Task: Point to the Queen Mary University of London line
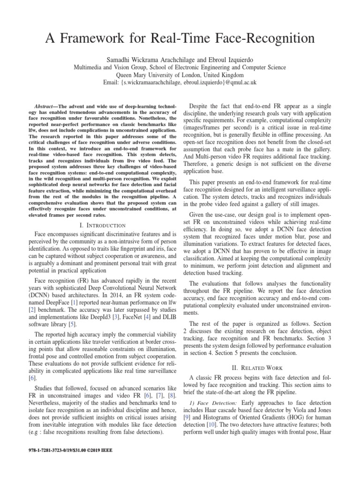180,75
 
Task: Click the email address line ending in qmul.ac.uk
180,82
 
